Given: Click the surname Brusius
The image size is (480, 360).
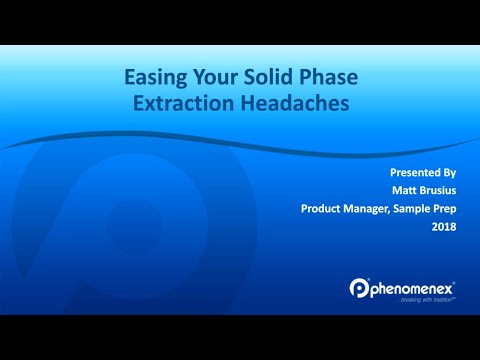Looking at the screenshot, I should (x=429, y=190).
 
